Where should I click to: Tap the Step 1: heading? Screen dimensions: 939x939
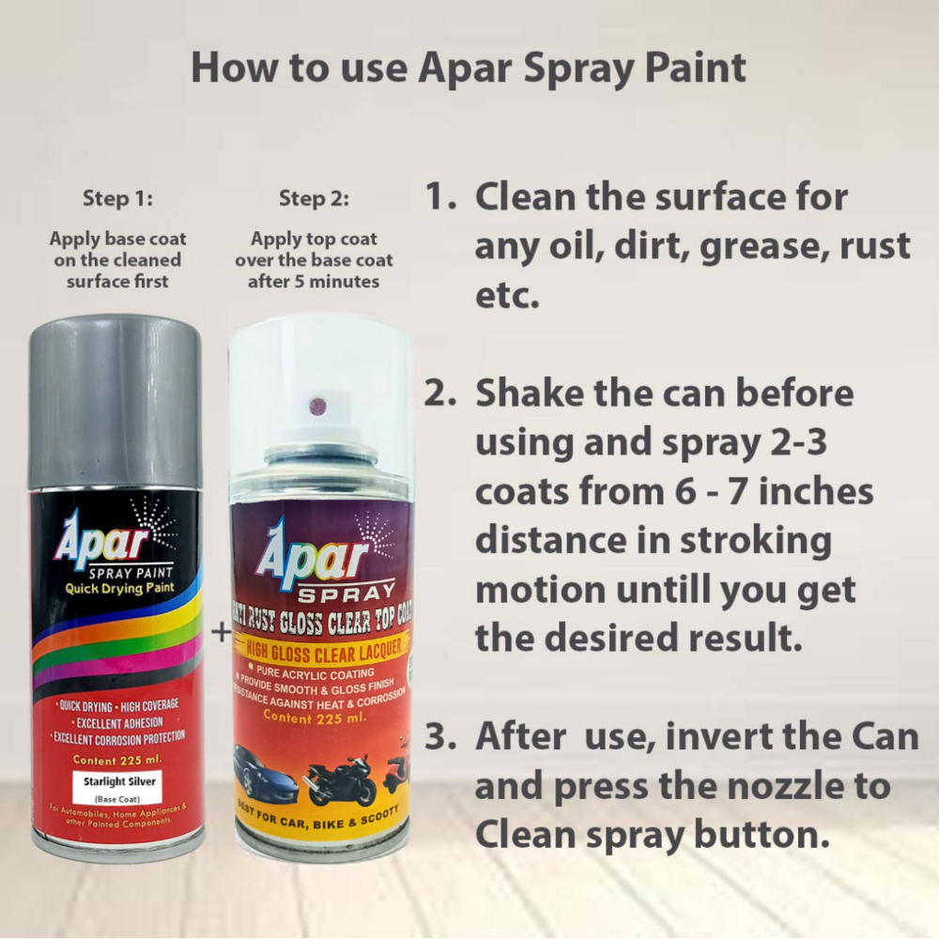(x=117, y=198)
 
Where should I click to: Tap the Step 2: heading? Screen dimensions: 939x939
(x=314, y=198)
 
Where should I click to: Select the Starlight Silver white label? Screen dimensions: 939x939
(x=117, y=785)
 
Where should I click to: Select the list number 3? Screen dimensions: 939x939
(x=438, y=737)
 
